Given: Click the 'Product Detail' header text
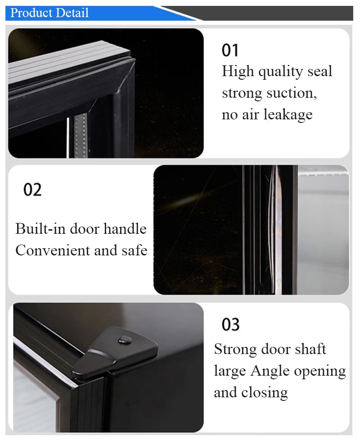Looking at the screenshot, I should (x=49, y=13).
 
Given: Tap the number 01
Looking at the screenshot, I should (x=230, y=50).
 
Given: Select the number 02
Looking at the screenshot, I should (x=32, y=190).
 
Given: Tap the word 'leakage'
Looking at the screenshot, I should (x=288, y=115).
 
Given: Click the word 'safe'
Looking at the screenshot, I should (x=133, y=250).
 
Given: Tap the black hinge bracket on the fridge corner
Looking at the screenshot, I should (x=115, y=354).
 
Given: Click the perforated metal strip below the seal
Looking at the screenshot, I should (x=79, y=135).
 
